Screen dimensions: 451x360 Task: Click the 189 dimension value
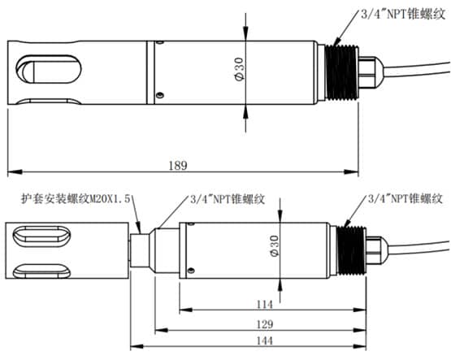click(x=178, y=165)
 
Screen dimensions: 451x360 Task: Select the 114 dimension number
click(x=264, y=304)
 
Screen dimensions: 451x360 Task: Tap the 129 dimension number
click(x=264, y=324)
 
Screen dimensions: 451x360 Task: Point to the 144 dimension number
click(x=264, y=340)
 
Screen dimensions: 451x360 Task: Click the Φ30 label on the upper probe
click(x=239, y=69)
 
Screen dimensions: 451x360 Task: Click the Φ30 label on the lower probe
click(x=275, y=245)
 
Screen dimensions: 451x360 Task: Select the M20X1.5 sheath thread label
click(x=76, y=198)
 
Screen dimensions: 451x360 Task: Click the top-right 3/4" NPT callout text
click(x=403, y=14)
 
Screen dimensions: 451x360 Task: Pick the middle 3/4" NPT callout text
click(x=228, y=199)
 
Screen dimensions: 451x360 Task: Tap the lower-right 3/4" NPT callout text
click(x=405, y=198)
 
